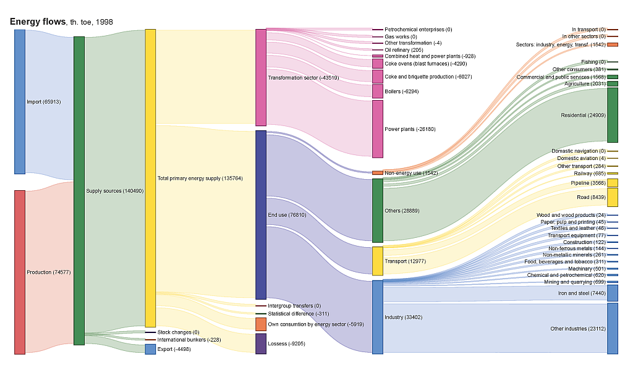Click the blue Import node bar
(x=20, y=101)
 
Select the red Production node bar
(x=20, y=272)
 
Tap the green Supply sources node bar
(x=79, y=190)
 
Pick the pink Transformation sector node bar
(x=261, y=77)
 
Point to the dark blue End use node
(x=261, y=214)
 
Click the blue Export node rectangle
(x=150, y=349)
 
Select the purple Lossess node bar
(x=261, y=343)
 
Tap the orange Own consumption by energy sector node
(x=261, y=324)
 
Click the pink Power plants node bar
(x=378, y=129)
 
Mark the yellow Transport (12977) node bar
(x=378, y=261)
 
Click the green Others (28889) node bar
(x=378, y=210)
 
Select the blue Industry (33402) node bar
(x=378, y=317)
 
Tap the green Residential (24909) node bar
(x=613, y=115)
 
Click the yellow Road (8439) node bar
(x=613, y=197)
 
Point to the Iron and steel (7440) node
(x=613, y=293)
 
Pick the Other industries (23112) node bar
(x=613, y=329)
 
